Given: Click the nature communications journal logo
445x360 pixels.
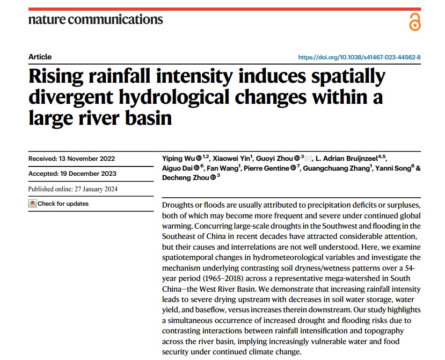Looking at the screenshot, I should (95, 20).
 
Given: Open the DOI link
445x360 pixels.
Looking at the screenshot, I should (359, 58).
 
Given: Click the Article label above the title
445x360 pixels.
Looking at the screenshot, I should (40, 57).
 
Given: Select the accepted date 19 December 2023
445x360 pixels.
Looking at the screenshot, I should (88, 173).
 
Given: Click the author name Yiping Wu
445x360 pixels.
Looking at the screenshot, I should (178, 158).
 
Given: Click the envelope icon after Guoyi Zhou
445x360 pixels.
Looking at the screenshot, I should (309, 158).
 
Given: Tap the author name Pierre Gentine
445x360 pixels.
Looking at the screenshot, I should (266, 168).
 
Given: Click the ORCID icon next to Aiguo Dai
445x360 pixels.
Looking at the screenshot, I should (197, 168).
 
